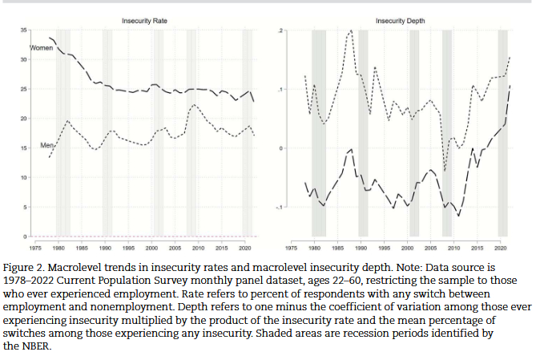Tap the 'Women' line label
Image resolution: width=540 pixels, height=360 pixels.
(41, 49)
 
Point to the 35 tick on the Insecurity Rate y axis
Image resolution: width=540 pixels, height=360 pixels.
(23, 30)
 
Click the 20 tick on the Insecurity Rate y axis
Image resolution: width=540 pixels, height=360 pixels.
(23, 119)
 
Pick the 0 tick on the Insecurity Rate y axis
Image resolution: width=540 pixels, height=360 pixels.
(24, 237)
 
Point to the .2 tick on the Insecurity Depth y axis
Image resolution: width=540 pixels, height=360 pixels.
(280, 30)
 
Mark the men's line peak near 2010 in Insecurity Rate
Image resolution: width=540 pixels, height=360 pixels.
(194, 105)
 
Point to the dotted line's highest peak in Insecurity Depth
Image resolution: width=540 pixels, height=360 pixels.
(351, 30)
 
